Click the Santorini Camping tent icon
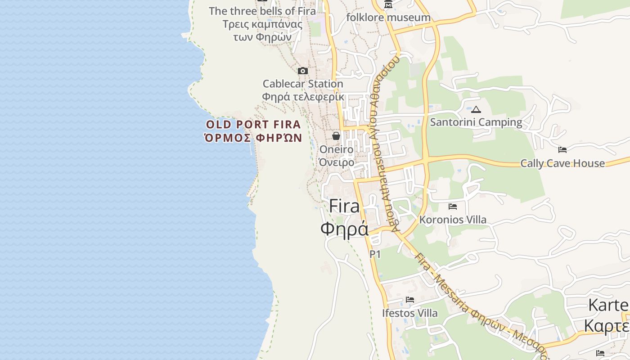click(476, 109)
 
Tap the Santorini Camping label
click(476, 122)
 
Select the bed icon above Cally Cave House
click(562, 150)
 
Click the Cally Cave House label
click(562, 163)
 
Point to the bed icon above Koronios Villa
click(453, 207)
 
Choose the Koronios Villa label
click(453, 220)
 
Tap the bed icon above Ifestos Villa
click(409, 300)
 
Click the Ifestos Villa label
click(409, 313)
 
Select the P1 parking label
click(375, 254)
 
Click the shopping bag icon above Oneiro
click(336, 136)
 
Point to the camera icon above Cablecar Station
click(303, 71)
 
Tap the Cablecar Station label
click(303, 84)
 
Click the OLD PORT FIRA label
click(253, 124)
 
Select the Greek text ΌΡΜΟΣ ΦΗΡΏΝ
click(253, 138)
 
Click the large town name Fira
click(344, 206)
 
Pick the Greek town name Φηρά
click(344, 229)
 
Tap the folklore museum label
click(388, 18)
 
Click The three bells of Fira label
click(262, 11)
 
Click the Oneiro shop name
click(336, 149)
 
